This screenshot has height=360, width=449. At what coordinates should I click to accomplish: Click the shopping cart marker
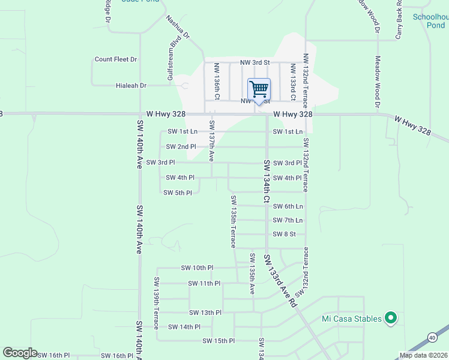(259, 90)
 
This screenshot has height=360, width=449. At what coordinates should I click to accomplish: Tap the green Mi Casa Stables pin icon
(391, 318)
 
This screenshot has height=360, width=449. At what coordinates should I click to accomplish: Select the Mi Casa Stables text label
(352, 319)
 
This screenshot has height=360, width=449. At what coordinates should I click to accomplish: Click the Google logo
(20, 353)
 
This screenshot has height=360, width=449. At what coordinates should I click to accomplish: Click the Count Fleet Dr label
(116, 59)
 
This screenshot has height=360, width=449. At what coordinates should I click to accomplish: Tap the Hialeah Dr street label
(131, 86)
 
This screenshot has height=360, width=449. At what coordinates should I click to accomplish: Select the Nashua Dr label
(178, 28)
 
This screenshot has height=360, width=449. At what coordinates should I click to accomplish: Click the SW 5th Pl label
(178, 193)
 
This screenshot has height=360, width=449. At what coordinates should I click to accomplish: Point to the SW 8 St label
(285, 234)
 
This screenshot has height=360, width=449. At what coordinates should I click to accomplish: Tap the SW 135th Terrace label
(233, 221)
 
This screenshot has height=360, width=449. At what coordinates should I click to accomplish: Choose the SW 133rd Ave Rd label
(280, 280)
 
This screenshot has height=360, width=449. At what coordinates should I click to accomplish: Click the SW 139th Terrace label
(155, 303)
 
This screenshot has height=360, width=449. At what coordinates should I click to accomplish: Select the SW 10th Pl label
(197, 268)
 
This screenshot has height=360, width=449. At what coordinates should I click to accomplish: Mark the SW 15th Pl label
(218, 341)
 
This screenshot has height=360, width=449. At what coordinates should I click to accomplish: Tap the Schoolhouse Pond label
(429, 21)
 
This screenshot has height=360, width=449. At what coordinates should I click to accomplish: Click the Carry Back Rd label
(399, 19)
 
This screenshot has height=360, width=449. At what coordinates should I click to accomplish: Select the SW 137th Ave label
(211, 140)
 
